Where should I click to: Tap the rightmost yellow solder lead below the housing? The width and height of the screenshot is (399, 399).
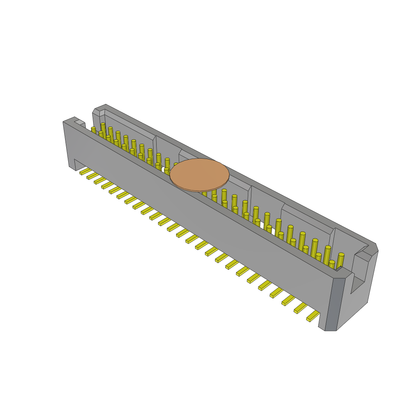pos(313,316)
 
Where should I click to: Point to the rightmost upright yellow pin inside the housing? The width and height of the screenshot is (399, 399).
pos(340,260)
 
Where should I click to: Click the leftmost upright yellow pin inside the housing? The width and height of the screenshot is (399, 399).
pos(94,130)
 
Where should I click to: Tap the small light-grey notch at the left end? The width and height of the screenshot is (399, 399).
pos(79,122)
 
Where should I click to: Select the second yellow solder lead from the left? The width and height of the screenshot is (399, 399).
pos(93,176)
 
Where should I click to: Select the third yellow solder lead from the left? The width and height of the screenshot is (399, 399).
pos(100,180)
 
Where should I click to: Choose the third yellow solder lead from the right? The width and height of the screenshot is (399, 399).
pos(288,300)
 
